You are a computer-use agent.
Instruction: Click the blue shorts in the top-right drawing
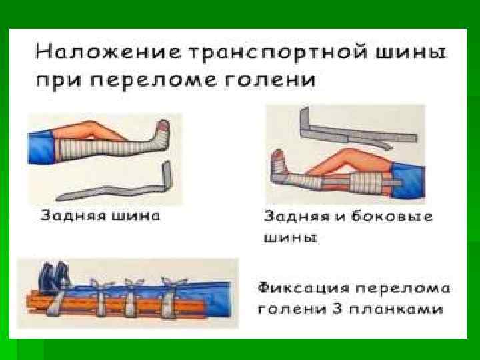[407, 183]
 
